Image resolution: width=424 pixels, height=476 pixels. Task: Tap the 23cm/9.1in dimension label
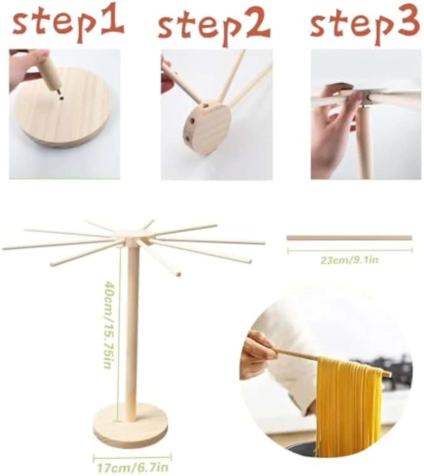coord(349,260)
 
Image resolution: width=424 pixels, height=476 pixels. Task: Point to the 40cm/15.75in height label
coord(108,324)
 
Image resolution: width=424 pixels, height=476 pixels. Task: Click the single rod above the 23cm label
coord(349,238)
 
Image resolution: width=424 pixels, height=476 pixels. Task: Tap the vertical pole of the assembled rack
coord(132,333)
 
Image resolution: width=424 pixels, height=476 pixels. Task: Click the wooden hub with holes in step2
coord(209,130)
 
